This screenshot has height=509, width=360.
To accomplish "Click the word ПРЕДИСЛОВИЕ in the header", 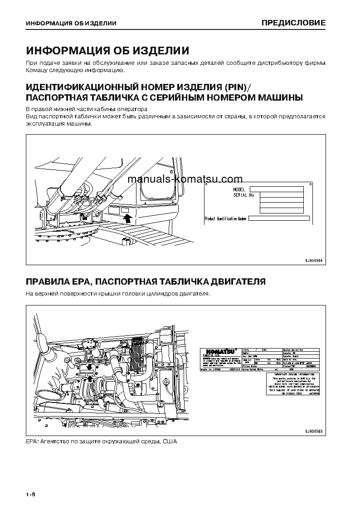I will [x=293, y=23].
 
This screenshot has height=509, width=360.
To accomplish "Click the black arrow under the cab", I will [x=128, y=219].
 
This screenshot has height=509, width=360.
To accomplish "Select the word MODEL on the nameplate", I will [x=239, y=189].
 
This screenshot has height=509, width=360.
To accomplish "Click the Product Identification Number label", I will [x=226, y=218].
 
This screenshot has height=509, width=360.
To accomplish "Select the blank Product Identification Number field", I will [x=279, y=218].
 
